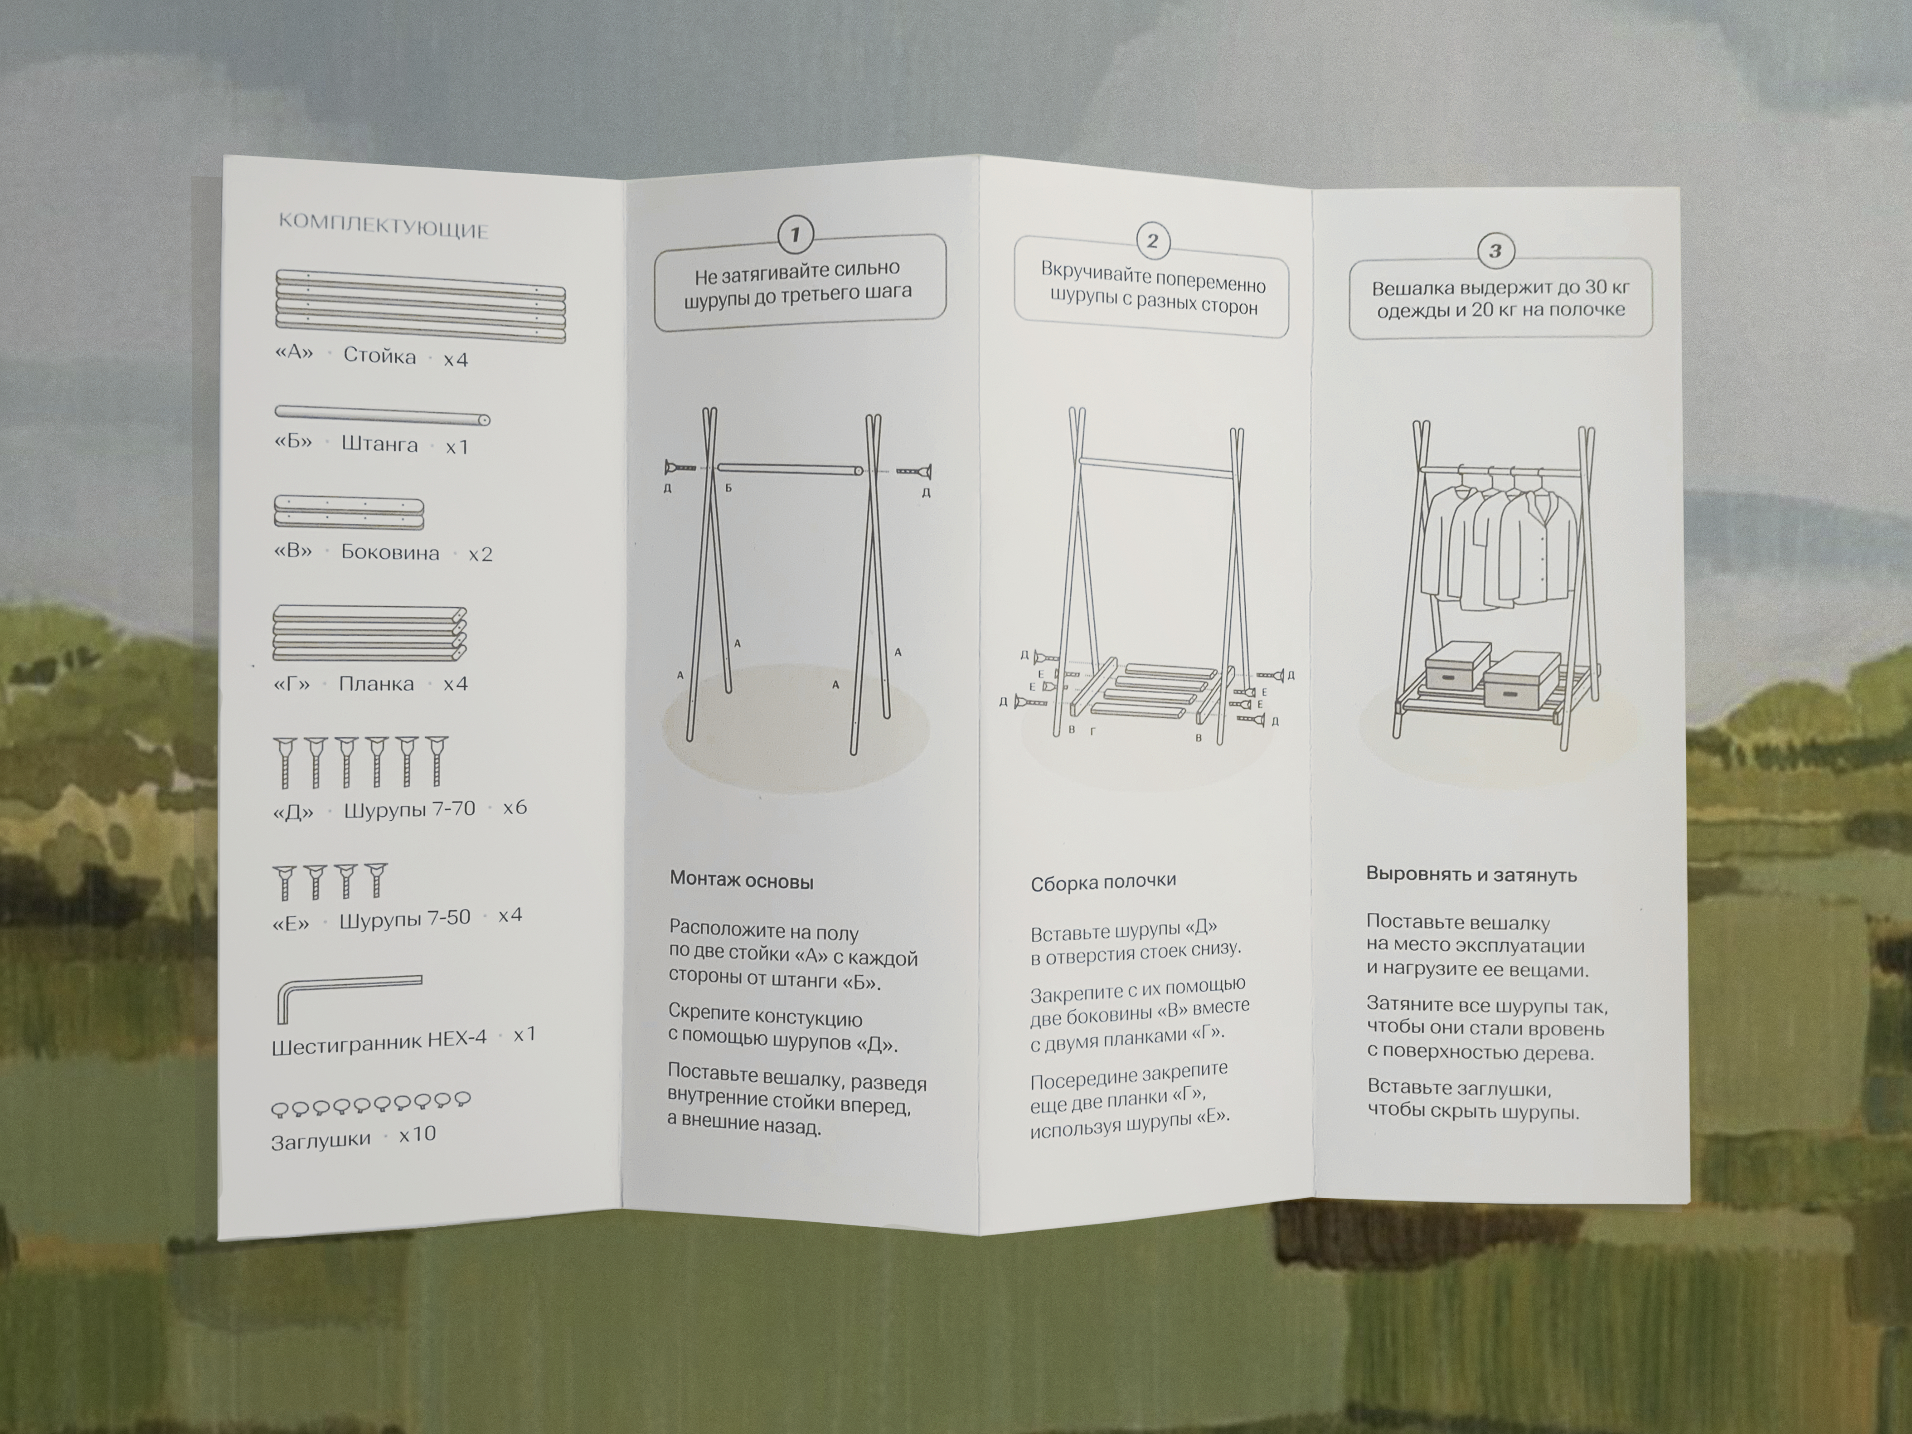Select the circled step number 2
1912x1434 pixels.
point(1152,241)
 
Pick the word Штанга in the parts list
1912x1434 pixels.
point(379,444)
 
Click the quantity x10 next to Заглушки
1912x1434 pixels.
point(417,1134)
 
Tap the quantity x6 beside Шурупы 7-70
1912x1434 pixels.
point(515,808)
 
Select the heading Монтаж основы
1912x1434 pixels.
point(741,882)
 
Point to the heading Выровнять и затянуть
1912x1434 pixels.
point(1471,875)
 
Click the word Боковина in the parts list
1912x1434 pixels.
point(390,552)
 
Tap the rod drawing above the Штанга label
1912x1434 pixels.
point(382,416)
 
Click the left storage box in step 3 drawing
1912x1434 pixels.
point(1457,665)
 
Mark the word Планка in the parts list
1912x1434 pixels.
point(376,684)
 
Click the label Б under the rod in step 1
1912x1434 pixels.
point(729,488)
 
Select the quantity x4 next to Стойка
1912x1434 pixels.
point(455,359)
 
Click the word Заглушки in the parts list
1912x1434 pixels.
point(321,1141)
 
